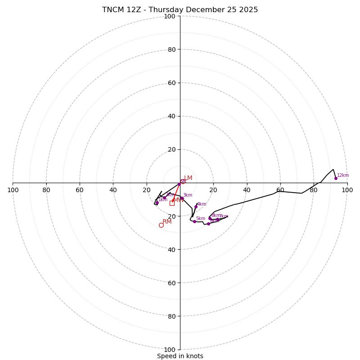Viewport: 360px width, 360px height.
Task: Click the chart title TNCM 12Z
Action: pos(180,10)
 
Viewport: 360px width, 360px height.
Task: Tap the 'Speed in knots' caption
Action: pos(180,356)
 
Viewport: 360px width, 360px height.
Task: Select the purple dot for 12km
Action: pos(336,178)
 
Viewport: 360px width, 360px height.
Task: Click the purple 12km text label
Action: pos(343,175)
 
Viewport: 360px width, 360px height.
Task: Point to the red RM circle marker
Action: pos(161,225)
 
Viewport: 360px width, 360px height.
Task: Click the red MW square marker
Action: pos(172,203)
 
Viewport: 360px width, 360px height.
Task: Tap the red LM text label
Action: pos(188,178)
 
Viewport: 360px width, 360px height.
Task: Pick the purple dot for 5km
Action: pos(194,221)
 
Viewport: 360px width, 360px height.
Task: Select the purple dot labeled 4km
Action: pos(196,207)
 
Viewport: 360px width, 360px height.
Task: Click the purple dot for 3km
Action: pos(182,198)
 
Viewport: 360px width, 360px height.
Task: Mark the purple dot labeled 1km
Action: pos(157,202)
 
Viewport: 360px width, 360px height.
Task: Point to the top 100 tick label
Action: pos(170,17)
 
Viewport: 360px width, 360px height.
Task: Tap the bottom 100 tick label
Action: pos(170,350)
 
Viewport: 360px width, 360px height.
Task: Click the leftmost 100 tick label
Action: pos(13,190)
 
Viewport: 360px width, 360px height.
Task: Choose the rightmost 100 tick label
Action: pos(347,190)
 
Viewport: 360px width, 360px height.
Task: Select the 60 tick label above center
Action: pos(171,83)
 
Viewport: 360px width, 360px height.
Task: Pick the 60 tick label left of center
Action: pos(80,190)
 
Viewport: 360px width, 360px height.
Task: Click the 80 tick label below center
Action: pos(171,316)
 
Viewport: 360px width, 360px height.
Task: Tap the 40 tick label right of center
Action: pos(247,190)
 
